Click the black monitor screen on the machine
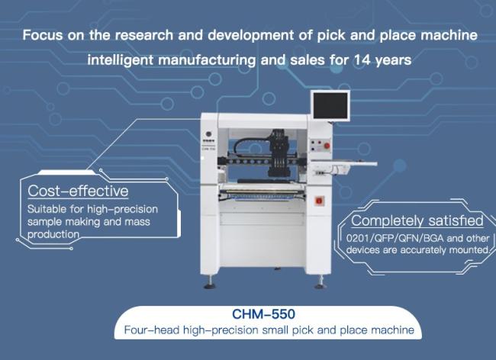click(330, 106)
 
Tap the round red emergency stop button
click(327, 146)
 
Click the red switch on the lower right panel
click(319, 201)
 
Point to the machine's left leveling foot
click(210, 282)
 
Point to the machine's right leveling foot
click(320, 282)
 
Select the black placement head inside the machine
click(279, 153)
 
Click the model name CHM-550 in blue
click(263, 314)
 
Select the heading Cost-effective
click(78, 191)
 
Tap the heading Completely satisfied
click(417, 220)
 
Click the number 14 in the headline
click(362, 59)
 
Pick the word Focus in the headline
click(43, 35)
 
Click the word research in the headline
click(144, 35)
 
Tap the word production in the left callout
click(53, 234)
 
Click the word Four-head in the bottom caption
click(152, 330)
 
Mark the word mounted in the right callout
click(469, 250)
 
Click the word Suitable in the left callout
click(47, 209)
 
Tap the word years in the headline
click(393, 60)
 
